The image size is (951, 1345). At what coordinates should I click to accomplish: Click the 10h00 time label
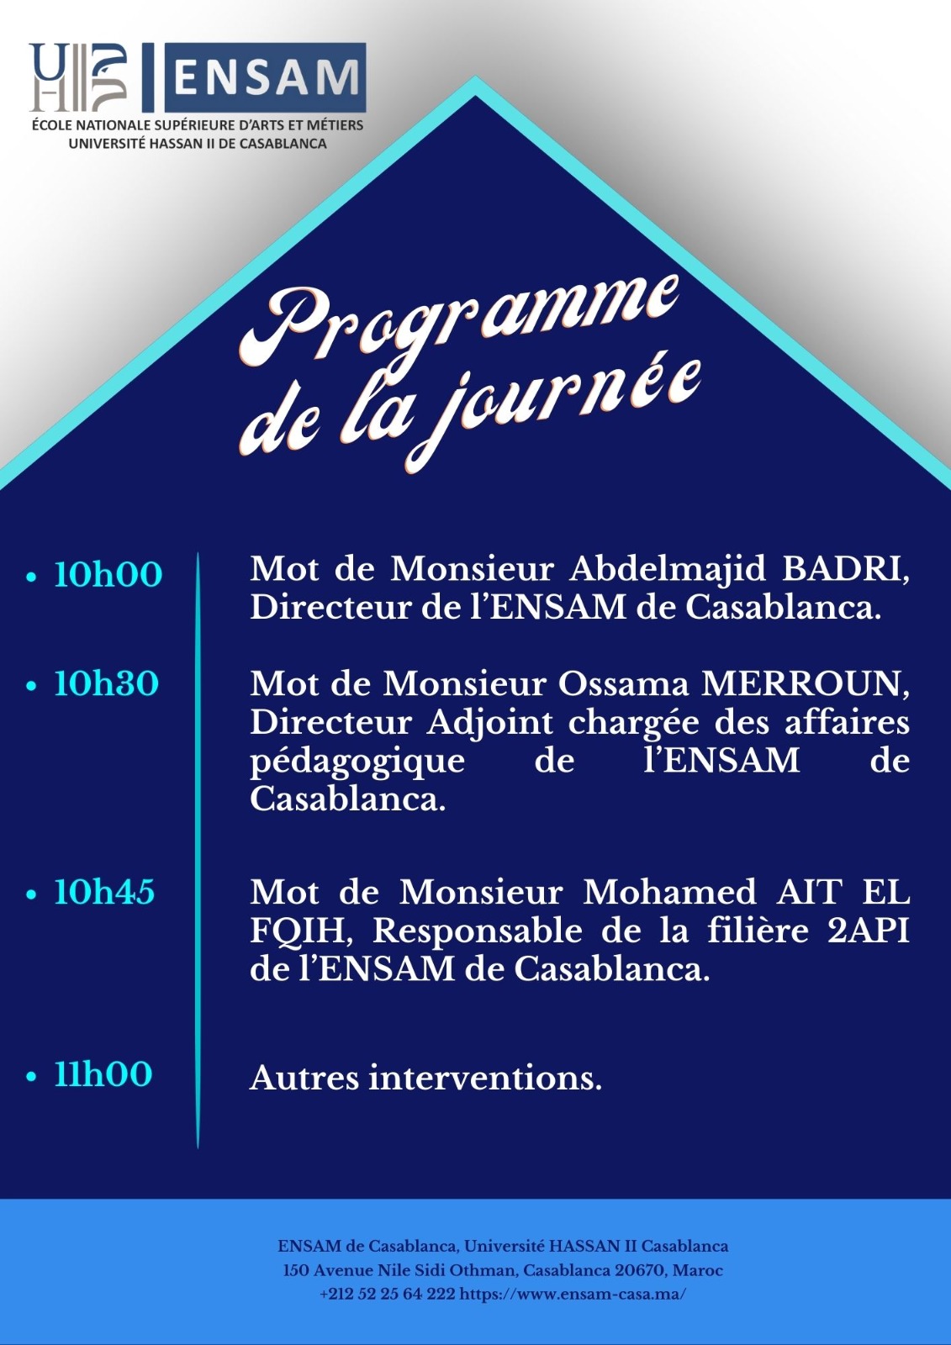pos(108,574)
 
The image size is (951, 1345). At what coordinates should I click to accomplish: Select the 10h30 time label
pos(106,684)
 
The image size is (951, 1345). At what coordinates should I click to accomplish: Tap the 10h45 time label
pos(104,891)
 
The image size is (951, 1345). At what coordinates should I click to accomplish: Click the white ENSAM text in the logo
pos(266,78)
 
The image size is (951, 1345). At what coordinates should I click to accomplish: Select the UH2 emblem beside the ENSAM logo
pos(78,77)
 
